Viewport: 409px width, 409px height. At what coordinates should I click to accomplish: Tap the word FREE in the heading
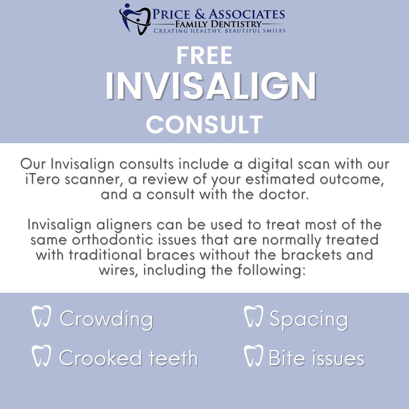tap(204, 55)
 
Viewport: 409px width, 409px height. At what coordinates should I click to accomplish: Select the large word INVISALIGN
tap(211, 86)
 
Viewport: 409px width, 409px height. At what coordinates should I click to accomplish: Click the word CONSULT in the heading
tap(204, 124)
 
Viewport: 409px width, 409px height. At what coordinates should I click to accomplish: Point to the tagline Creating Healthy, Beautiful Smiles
tap(219, 31)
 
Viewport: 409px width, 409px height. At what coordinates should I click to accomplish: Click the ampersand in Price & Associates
tap(200, 14)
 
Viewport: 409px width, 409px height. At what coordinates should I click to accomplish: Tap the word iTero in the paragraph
tap(43, 179)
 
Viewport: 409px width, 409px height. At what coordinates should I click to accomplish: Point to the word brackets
tap(311, 254)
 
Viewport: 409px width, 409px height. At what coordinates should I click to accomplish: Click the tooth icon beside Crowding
tap(41, 316)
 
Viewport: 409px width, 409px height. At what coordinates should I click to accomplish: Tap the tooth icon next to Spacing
tap(253, 316)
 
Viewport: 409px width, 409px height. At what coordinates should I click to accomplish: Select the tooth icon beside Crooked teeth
tap(41, 356)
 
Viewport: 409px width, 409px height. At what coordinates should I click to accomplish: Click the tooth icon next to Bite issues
tap(253, 356)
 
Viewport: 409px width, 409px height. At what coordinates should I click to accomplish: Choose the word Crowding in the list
tap(106, 319)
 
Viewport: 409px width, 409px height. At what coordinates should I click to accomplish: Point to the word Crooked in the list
tap(100, 357)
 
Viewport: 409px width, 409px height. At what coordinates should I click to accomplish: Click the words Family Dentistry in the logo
tap(218, 24)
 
